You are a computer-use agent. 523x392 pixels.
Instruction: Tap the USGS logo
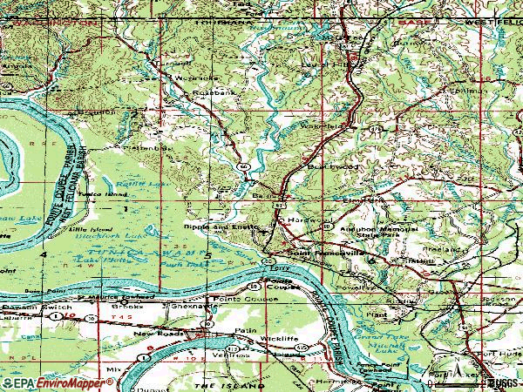(500, 383)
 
